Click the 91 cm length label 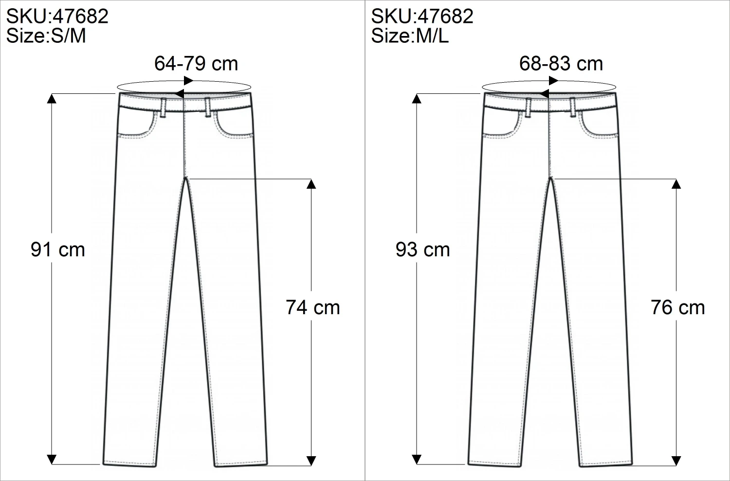pyautogui.click(x=58, y=250)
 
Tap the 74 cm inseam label pyautogui.click(x=313, y=307)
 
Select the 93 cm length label pyautogui.click(x=423, y=250)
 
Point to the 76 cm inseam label pyautogui.click(x=678, y=307)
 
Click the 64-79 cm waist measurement pyautogui.click(x=196, y=63)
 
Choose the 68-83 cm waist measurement pyautogui.click(x=561, y=63)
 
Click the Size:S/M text pyautogui.click(x=46, y=36)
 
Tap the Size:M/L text pyautogui.click(x=410, y=36)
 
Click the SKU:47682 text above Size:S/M pyautogui.click(x=57, y=16)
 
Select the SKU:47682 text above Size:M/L pyautogui.click(x=422, y=16)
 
